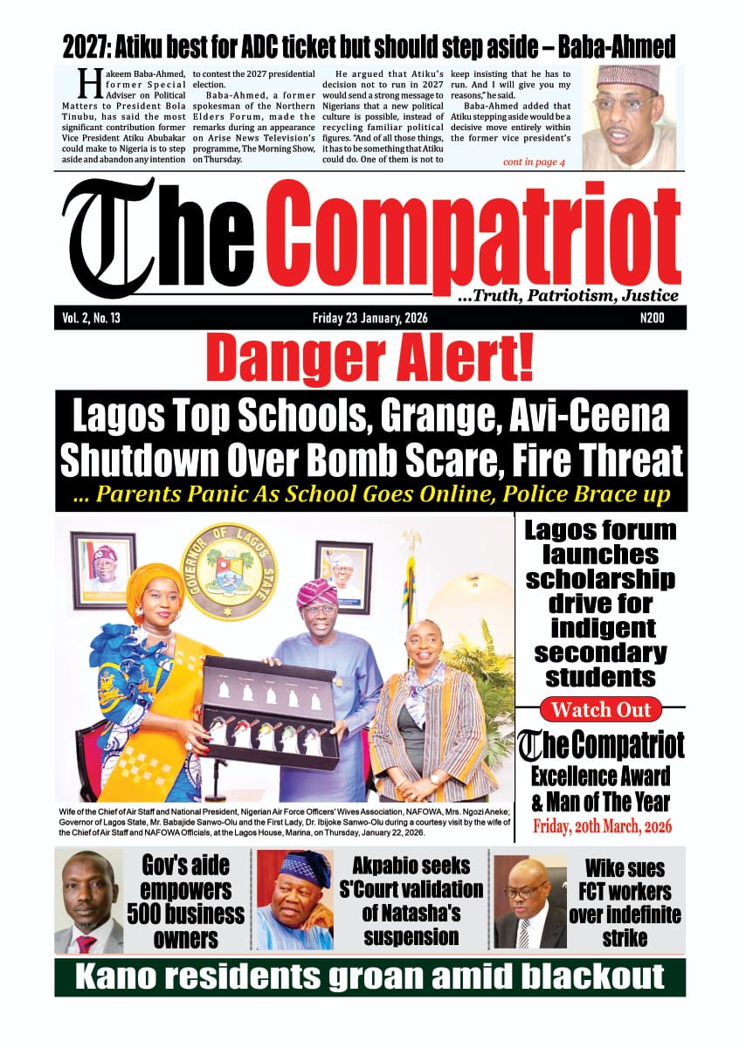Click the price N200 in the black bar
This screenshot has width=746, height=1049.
[x=652, y=318]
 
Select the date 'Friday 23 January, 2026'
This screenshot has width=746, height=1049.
[x=370, y=318]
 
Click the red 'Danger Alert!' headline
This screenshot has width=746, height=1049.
[x=370, y=359]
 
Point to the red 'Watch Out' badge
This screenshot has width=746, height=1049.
[x=600, y=708]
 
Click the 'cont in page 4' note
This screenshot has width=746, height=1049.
[x=534, y=162]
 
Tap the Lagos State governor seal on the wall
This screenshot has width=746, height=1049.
[x=228, y=571]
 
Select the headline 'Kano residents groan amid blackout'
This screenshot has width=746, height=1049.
[x=370, y=977]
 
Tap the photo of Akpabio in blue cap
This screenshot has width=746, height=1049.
[x=294, y=901]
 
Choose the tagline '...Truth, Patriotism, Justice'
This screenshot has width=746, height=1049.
[x=568, y=296]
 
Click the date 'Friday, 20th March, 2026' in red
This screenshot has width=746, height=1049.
[x=600, y=825]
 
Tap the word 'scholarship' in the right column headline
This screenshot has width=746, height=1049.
[x=600, y=579]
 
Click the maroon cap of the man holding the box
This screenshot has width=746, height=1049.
[x=317, y=592]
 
